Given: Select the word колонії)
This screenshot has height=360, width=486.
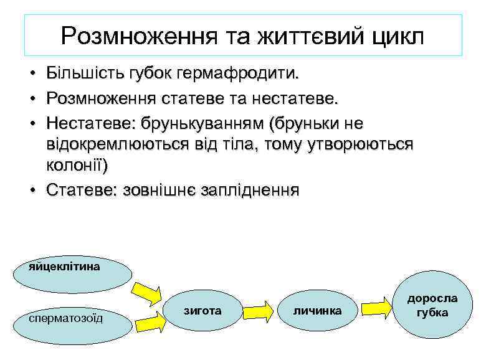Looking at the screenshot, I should [x=77, y=166].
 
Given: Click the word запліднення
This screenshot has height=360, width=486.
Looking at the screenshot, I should [x=249, y=190].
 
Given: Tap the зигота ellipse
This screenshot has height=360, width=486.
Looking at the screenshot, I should [x=203, y=310].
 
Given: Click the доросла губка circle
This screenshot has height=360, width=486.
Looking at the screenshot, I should [x=433, y=305].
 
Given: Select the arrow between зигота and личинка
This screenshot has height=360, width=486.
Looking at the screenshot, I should [x=259, y=310].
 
